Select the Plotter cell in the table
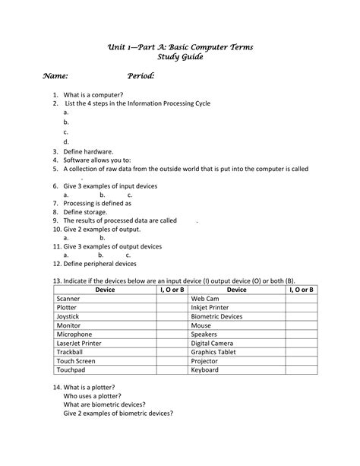point(68,308)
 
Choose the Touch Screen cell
point(76,361)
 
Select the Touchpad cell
point(71,369)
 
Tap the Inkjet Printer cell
point(212,308)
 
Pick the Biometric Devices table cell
point(217,317)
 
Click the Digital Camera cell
point(212,343)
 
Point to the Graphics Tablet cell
point(213,352)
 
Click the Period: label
point(141,76)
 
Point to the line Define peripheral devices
point(100,264)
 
